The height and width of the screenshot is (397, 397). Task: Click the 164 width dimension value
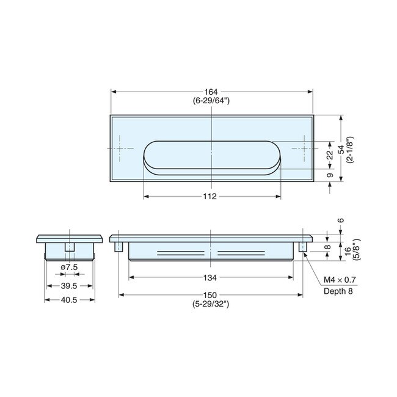pyautogui.click(x=211, y=92)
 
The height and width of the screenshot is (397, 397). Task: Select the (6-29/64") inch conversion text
pyautogui.click(x=211, y=101)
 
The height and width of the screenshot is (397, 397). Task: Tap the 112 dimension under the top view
pyautogui.click(x=211, y=197)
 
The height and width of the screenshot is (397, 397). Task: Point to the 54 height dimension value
pyautogui.click(x=341, y=148)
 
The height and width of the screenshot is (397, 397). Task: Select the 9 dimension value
pyautogui.click(x=330, y=175)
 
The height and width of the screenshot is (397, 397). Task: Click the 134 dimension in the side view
pyautogui.click(x=211, y=278)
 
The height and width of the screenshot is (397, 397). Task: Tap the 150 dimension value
pyautogui.click(x=211, y=296)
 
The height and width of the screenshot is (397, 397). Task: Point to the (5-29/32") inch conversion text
pyautogui.click(x=211, y=304)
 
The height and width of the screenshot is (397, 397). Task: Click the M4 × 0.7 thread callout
pyautogui.click(x=340, y=280)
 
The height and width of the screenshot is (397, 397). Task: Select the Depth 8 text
pyautogui.click(x=338, y=291)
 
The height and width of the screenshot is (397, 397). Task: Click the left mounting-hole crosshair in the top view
pyautogui.click(x=120, y=148)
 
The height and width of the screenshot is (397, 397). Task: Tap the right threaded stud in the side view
pyautogui.click(x=302, y=247)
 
